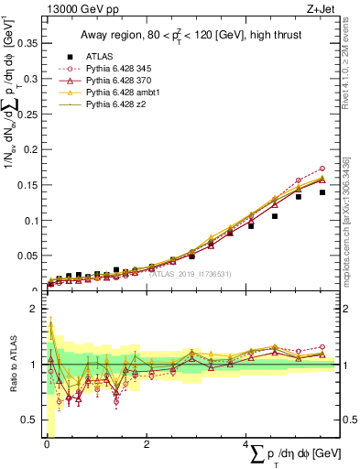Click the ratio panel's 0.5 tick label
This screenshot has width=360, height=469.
[29, 420]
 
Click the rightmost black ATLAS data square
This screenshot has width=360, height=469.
[322, 192]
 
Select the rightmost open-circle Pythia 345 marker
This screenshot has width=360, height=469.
[322, 169]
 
